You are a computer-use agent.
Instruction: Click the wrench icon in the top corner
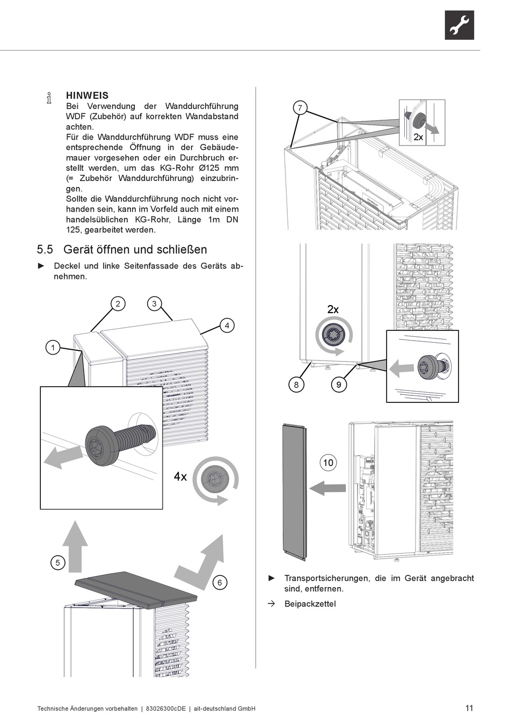(x=459, y=25)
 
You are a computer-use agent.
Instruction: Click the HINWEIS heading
(x=87, y=96)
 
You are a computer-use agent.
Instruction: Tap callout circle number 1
(x=53, y=348)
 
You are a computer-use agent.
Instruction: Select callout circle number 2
(x=118, y=304)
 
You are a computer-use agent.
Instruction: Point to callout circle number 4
(x=227, y=326)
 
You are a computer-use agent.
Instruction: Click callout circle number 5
(x=57, y=562)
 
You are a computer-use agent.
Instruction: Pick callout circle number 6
(x=219, y=582)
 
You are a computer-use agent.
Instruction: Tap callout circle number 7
(x=300, y=108)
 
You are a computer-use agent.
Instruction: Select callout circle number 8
(x=296, y=384)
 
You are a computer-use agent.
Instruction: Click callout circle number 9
(x=338, y=384)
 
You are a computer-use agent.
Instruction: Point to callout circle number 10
(x=328, y=462)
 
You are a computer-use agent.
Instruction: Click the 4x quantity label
(x=180, y=476)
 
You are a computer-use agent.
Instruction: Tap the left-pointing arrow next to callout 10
(x=328, y=488)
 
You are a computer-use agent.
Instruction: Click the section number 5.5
(x=45, y=250)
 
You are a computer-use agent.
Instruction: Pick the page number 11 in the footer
(x=469, y=708)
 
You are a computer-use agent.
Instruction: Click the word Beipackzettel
(x=310, y=604)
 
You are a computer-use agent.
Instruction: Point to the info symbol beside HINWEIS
(x=49, y=97)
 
